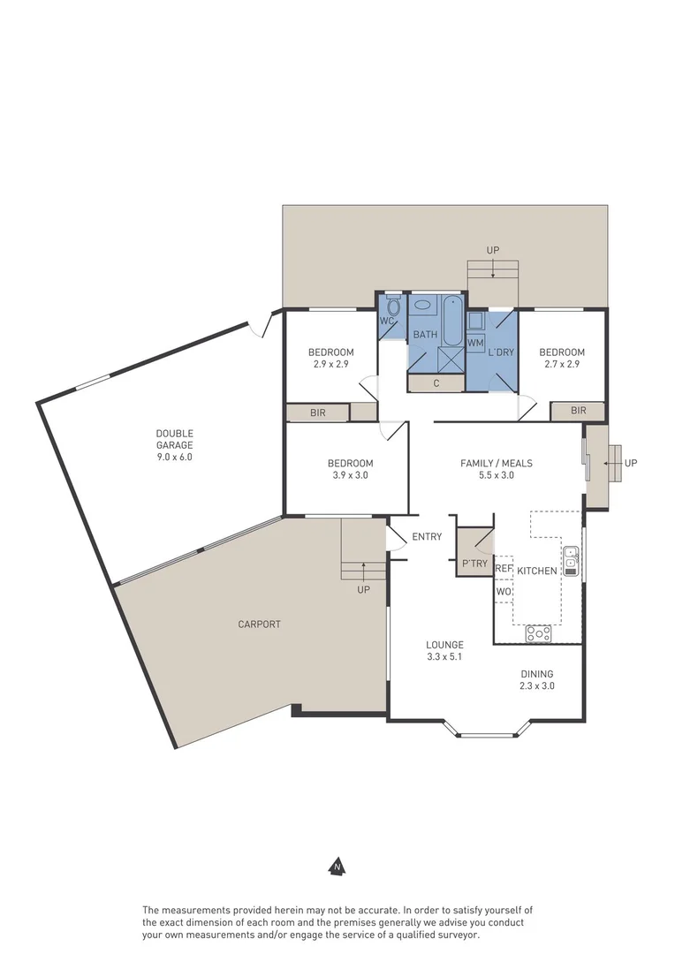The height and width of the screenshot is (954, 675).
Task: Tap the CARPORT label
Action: [259, 625]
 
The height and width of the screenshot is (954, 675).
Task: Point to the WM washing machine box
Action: [475, 342]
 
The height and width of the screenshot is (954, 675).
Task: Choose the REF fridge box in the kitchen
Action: [504, 569]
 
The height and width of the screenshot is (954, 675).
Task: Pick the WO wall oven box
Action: [504, 591]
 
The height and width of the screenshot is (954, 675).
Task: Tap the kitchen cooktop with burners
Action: [538, 632]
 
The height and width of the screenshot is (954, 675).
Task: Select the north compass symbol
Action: [337, 867]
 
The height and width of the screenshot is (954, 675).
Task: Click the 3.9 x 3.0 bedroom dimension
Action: [350, 475]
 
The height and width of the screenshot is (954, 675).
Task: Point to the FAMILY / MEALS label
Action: [496, 463]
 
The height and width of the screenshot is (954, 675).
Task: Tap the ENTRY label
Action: [427, 536]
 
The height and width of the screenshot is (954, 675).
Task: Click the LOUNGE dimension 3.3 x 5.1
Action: [444, 656]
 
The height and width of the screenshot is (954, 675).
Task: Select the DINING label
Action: [536, 673]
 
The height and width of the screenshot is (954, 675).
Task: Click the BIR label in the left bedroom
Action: [316, 413]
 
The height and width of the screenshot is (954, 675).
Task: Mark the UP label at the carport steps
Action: [363, 590]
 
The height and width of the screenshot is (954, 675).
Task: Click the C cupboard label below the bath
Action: [436, 383]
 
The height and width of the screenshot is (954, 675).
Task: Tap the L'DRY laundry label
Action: [501, 352]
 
